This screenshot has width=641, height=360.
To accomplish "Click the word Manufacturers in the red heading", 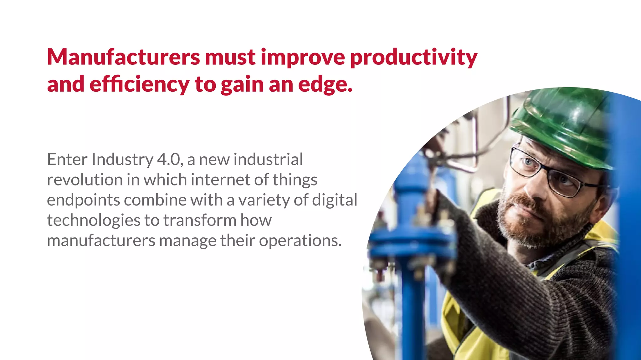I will pyautogui.click(x=123, y=57).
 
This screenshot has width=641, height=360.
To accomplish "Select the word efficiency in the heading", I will pyautogui.click(x=139, y=84).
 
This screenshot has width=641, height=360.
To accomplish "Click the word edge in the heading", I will pyautogui.click(x=325, y=85).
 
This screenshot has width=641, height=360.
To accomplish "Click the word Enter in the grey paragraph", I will pyautogui.click(x=67, y=160).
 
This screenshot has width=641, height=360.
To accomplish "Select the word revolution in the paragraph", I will pyautogui.click(x=85, y=180).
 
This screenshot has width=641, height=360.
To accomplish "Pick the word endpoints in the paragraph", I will pyautogui.click(x=83, y=200).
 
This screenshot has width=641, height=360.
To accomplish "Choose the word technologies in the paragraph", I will pyautogui.click(x=94, y=221).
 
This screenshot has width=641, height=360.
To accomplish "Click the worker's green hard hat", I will pyautogui.click(x=563, y=125).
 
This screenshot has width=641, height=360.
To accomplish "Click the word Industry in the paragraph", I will pyautogui.click(x=122, y=160).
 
